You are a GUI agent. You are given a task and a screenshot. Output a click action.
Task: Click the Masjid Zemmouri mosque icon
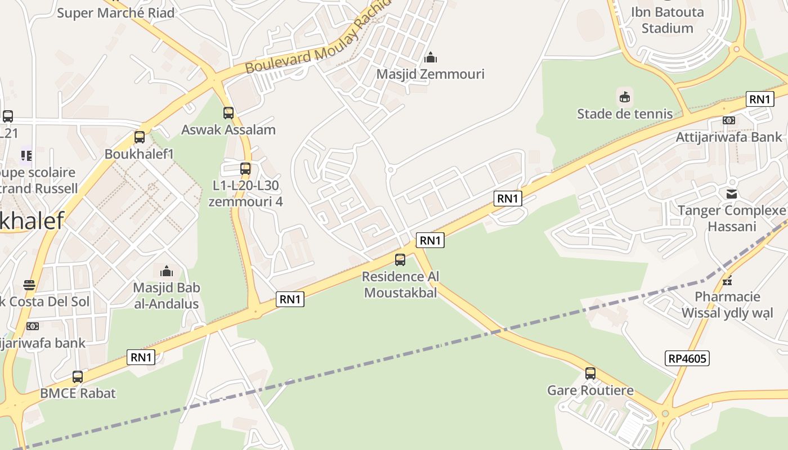pyautogui.click(x=431, y=57)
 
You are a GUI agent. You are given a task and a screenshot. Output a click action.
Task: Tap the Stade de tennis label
pyautogui.click(x=624, y=114)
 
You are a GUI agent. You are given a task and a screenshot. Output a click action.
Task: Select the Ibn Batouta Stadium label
pyautogui.click(x=667, y=20)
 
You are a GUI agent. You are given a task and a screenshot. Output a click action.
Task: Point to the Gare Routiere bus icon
pyautogui.click(x=590, y=373)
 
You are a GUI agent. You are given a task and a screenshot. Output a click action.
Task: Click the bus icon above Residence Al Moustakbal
pyautogui.click(x=400, y=260)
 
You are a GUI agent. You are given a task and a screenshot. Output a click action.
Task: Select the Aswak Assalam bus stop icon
pyautogui.click(x=229, y=113)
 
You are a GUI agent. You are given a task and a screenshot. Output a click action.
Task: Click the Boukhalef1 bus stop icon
pyautogui.click(x=140, y=137)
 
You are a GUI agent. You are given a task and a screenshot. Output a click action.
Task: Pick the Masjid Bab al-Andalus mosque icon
pyautogui.click(x=166, y=271)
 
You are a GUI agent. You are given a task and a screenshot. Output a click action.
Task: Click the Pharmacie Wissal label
pyautogui.click(x=727, y=305)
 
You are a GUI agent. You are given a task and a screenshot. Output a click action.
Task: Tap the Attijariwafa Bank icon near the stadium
pyautogui.click(x=729, y=120)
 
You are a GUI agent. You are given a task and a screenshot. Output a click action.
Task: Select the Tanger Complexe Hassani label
pyautogui.click(x=731, y=218)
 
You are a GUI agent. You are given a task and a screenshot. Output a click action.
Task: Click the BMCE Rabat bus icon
pyautogui.click(x=78, y=377)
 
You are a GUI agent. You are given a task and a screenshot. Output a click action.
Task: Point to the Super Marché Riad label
pyautogui.click(x=115, y=12)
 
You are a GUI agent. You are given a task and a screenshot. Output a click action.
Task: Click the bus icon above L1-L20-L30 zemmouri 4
pyautogui.click(x=245, y=168)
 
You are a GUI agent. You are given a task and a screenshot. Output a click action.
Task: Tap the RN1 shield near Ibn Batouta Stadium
pyautogui.click(x=759, y=100)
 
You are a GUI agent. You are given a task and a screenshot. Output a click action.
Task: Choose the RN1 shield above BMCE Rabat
pyautogui.click(x=141, y=357)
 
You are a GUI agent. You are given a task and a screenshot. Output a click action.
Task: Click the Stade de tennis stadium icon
pyautogui.click(x=624, y=97)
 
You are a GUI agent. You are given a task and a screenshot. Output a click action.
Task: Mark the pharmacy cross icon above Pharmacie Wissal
pyautogui.click(x=727, y=280)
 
